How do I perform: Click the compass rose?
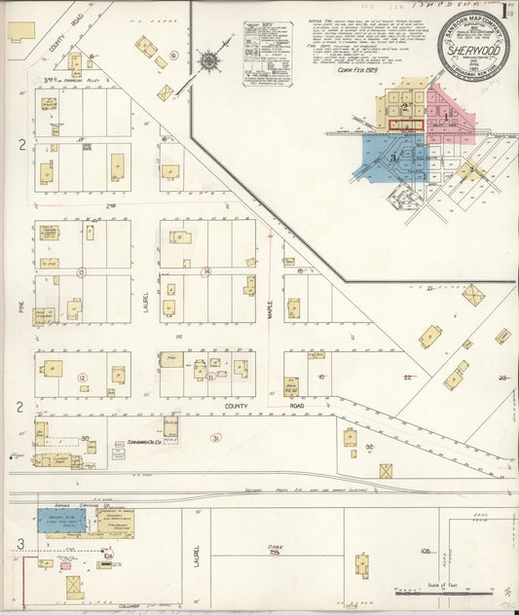click(208, 61)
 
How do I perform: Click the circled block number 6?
click(173, 55)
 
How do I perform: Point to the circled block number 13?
click(82, 271)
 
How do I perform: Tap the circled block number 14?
click(205, 271)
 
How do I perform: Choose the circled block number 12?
click(82, 378)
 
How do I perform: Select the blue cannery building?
click(59, 521)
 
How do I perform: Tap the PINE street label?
click(19, 305)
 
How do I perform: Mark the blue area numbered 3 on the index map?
click(392, 156)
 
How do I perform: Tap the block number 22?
click(408, 377)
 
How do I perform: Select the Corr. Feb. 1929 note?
click(356, 70)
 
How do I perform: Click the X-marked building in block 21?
click(474, 295)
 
